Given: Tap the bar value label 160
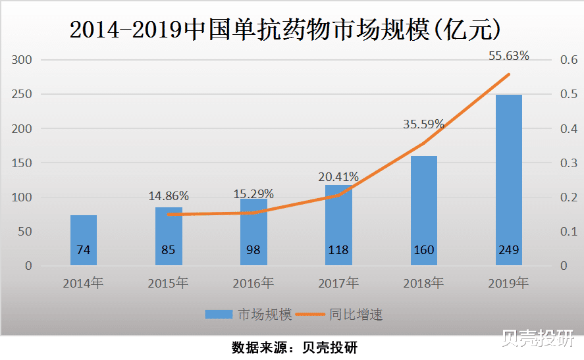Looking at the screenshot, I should pos(423,250).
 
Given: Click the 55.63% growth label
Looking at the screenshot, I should pos(508,56).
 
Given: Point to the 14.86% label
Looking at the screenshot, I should pos(169,195).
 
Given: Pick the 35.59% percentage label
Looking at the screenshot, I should pos(423,124).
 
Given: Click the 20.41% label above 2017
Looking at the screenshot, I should pos(338,176).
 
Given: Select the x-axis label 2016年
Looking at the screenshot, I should pos(253,284).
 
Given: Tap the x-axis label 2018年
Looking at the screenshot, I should pos(423,284).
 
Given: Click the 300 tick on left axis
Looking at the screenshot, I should pos(23,60).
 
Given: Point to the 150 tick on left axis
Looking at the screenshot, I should pos(23,163).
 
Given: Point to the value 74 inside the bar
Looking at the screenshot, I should pos(84,250).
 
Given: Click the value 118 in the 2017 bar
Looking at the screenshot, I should pos(338,250).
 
